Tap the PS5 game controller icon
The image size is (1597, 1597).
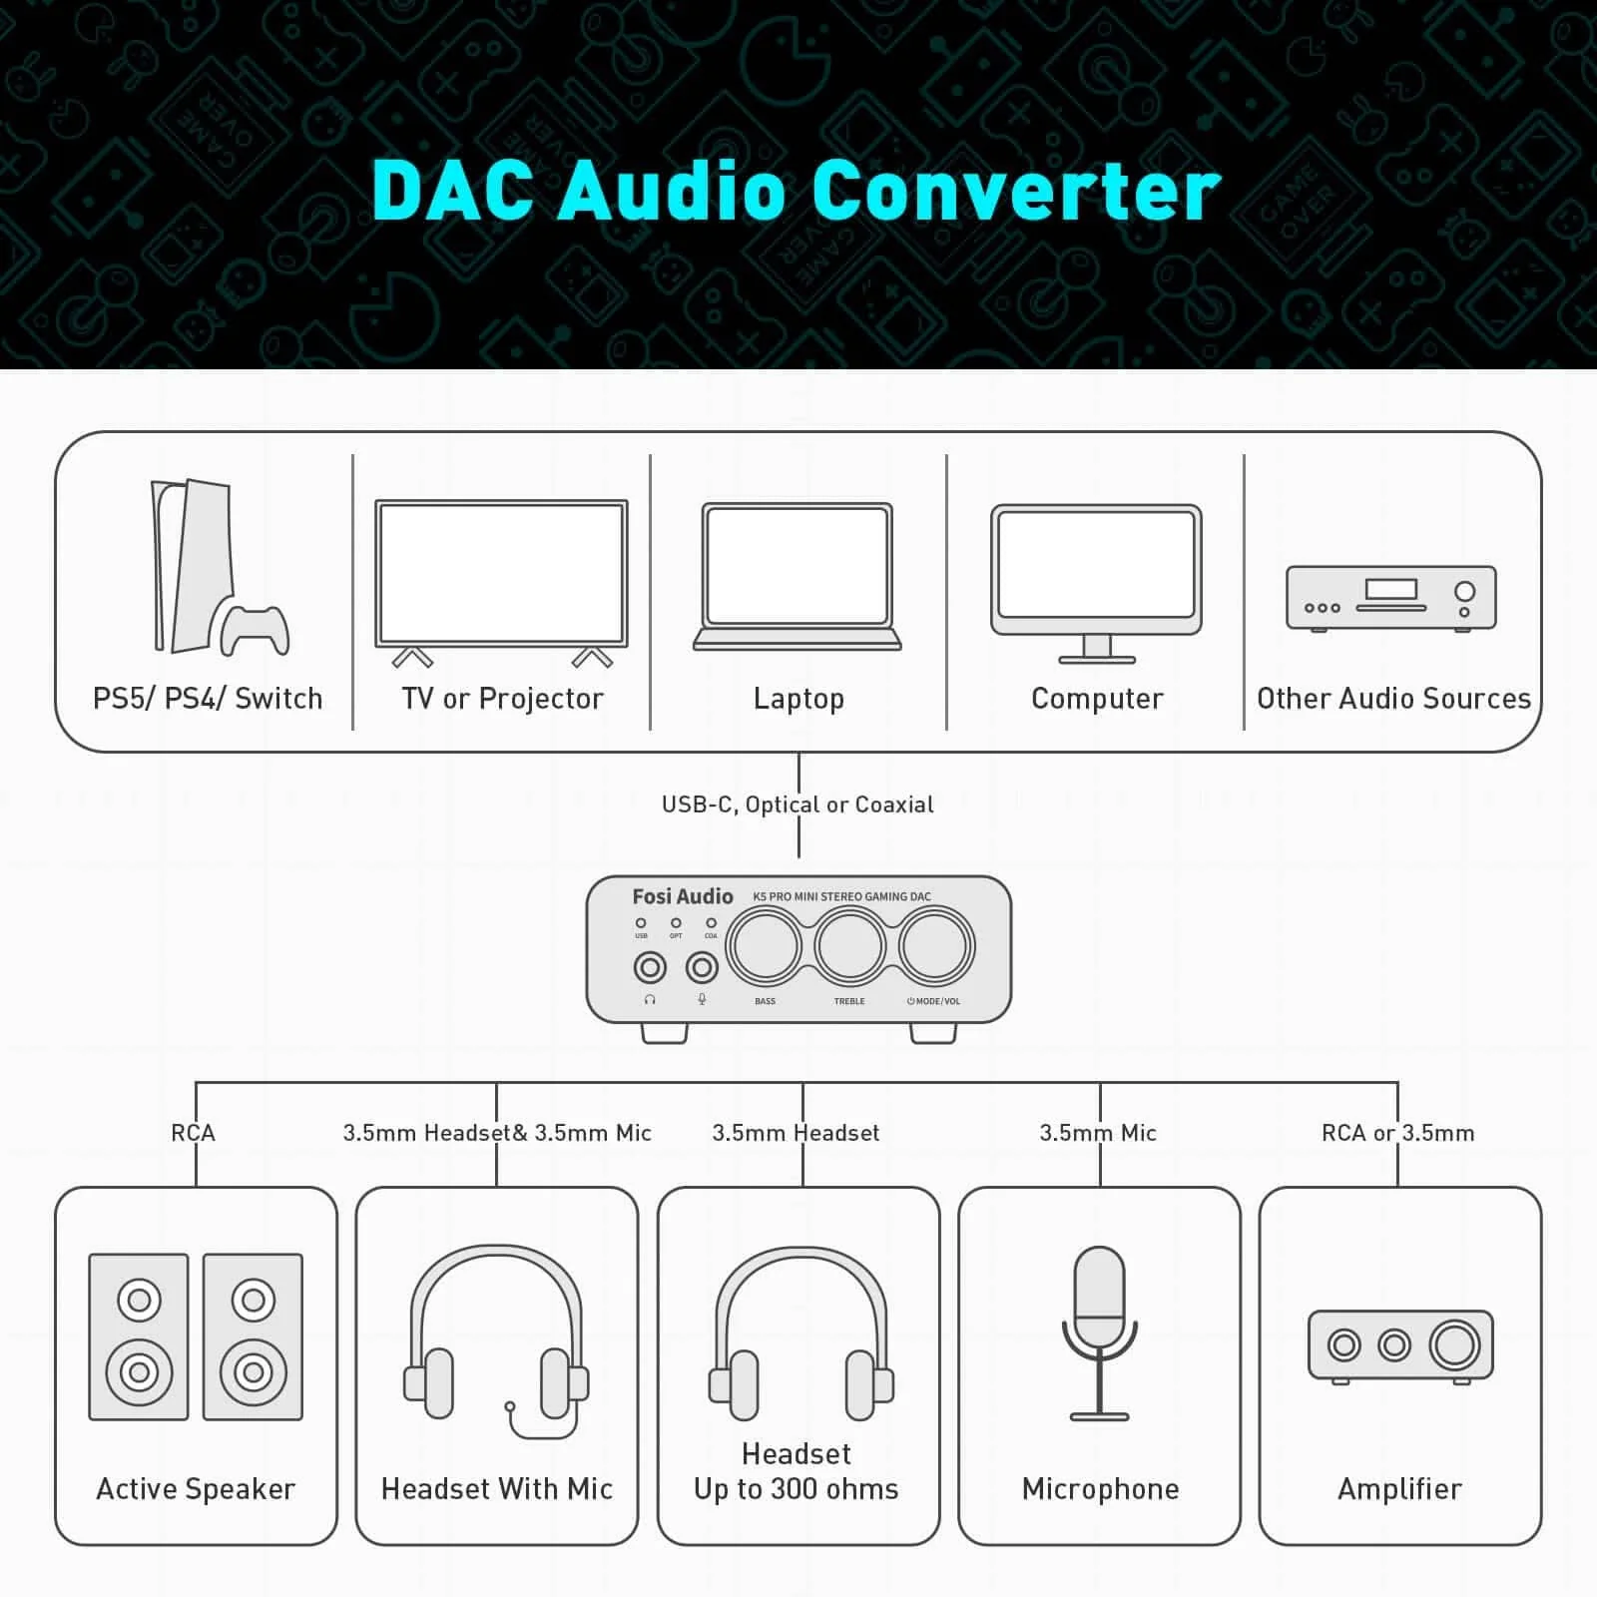pyautogui.click(x=256, y=629)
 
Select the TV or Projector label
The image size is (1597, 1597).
pyautogui.click(x=502, y=699)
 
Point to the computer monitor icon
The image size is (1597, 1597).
pyautogui.click(x=1096, y=579)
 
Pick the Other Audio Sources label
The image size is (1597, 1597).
pyautogui.click(x=1393, y=699)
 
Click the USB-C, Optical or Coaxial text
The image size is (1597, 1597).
pyautogui.click(x=798, y=804)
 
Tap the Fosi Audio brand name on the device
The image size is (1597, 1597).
pyautogui.click(x=683, y=896)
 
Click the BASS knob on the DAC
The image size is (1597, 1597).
pyautogui.click(x=765, y=946)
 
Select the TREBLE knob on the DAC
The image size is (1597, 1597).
pyautogui.click(x=849, y=946)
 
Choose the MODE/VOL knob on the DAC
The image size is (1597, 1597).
pyautogui.click(x=934, y=946)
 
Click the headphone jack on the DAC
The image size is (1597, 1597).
pyautogui.click(x=651, y=967)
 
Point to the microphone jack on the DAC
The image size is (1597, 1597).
pyautogui.click(x=702, y=967)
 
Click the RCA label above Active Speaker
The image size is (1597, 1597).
pyautogui.click(x=193, y=1133)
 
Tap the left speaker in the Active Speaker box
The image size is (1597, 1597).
pyautogui.click(x=139, y=1336)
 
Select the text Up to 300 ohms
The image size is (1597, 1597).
pyautogui.click(x=797, y=1489)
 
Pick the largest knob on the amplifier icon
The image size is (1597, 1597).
pyautogui.click(x=1454, y=1344)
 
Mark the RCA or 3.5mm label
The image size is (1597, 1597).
pyautogui.click(x=1397, y=1133)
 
